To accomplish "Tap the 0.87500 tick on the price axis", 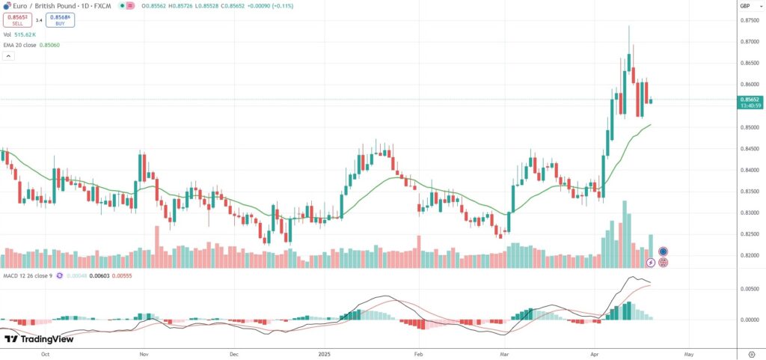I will tap(750, 20).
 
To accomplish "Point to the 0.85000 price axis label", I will tap(750, 127).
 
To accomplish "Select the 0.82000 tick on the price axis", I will tap(750, 256).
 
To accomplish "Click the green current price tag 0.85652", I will tap(750, 100).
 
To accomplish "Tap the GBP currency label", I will tap(745, 6).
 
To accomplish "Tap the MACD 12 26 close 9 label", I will tap(26, 276).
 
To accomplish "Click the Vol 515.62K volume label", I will tap(19, 34).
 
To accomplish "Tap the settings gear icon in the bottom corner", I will tap(751, 353).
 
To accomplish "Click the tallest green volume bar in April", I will tap(625, 234).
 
